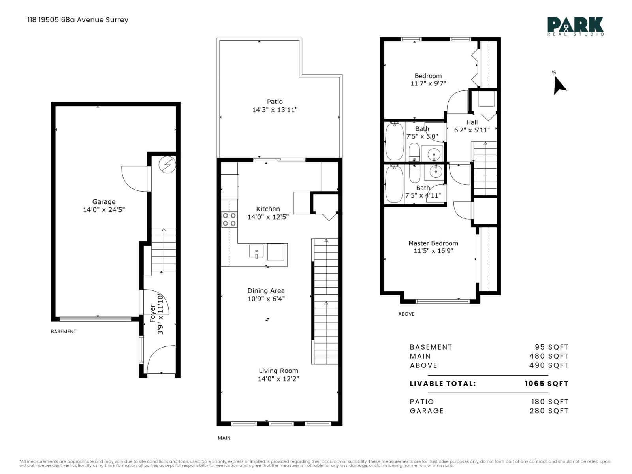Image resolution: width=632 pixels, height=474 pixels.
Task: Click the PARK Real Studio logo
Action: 575,26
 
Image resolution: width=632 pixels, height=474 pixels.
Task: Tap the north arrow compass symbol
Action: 559,85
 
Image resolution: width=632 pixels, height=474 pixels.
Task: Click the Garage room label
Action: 103,202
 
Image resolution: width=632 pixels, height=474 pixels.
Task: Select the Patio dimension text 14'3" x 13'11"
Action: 275,110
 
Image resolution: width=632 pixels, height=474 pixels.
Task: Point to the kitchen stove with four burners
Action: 229,220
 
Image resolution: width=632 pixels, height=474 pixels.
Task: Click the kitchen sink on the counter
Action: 256,251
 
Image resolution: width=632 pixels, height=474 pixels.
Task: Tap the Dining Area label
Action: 266,291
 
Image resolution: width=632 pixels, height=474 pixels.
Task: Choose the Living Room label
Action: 278,371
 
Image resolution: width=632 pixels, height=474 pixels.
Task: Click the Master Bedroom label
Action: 433,243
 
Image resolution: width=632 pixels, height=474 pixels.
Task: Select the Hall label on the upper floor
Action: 472,122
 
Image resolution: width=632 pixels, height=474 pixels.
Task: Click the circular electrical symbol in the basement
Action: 167,165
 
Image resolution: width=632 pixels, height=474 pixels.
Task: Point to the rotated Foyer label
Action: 152,314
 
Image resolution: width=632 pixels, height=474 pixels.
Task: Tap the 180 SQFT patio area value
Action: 550,402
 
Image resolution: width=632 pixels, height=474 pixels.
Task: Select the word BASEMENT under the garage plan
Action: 64,331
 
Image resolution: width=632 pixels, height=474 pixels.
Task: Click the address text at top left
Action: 78,20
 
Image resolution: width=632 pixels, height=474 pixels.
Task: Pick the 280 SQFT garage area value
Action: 549,411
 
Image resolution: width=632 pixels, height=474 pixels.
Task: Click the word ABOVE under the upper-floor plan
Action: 406,314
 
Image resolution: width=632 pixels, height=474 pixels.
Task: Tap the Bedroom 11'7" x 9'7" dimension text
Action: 428,83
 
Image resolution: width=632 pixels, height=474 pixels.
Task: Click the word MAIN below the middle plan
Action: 224,438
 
